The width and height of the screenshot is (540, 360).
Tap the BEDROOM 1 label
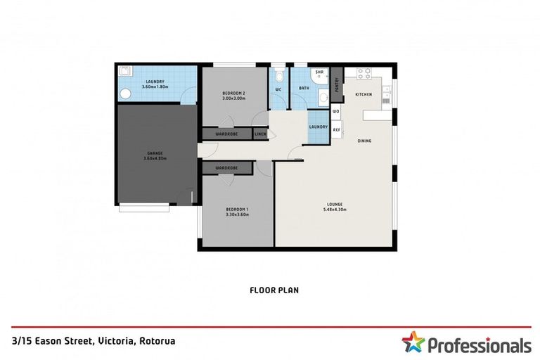[237, 211]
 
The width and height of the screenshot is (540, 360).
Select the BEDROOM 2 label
[233, 96]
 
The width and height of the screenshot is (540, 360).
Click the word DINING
[364, 141]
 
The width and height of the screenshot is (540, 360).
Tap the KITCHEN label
[363, 94]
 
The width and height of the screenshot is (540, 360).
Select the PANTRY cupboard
[337, 84]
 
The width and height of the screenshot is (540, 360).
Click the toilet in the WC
[278, 77]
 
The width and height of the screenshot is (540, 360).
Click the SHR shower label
[319, 72]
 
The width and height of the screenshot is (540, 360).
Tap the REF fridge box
[336, 130]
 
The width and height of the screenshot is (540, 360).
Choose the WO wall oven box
[336, 112]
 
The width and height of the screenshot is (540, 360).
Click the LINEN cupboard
[260, 133]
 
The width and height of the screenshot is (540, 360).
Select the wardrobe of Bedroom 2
[227, 133]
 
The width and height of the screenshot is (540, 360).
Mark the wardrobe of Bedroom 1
[227, 168]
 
